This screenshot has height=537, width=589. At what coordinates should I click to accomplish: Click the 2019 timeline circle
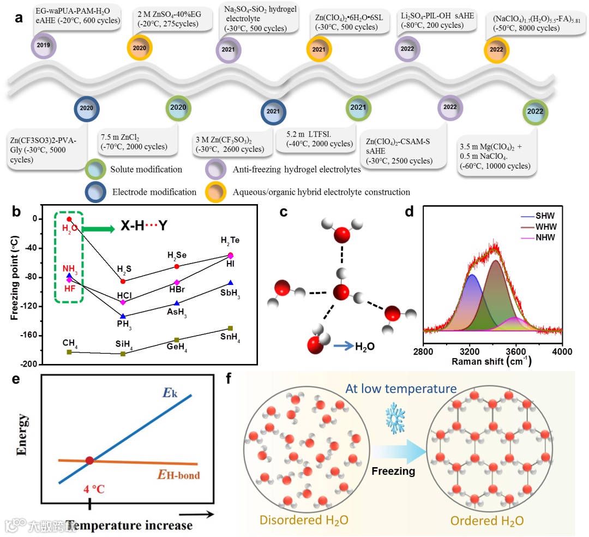click(x=44, y=45)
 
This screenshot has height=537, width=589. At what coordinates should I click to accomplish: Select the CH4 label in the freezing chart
click(x=70, y=343)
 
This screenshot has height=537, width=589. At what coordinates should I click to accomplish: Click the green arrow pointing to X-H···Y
click(x=98, y=229)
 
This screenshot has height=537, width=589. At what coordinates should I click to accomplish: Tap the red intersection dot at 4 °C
click(x=89, y=461)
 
